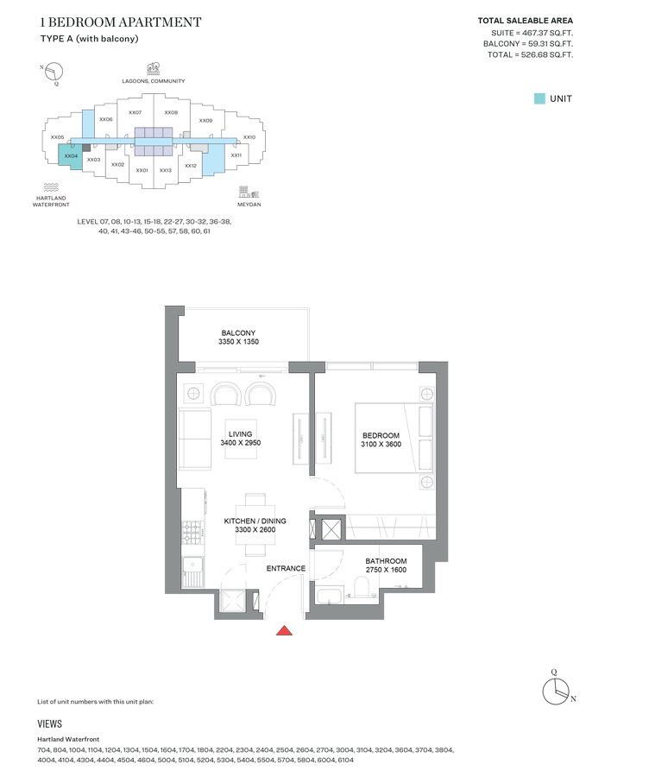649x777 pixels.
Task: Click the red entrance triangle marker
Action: coord(284,630)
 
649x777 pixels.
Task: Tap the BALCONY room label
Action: coord(238,333)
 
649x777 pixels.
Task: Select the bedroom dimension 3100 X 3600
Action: coord(381,444)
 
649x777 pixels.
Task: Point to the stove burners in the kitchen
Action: coord(192,532)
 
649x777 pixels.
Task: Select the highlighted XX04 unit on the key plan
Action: coord(71,155)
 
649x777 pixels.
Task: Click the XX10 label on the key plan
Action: coord(249,137)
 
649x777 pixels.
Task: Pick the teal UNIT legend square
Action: coord(539,98)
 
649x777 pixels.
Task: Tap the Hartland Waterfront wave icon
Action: coord(51,187)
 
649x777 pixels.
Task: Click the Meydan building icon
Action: coord(249,193)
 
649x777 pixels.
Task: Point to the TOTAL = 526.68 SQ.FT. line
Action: coord(530,54)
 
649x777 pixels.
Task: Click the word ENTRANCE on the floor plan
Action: coord(286,568)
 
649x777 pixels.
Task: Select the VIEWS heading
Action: coord(49,724)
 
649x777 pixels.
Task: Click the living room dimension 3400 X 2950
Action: coord(240,443)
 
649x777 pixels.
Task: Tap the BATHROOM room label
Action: coord(386,561)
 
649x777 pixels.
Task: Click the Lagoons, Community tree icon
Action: coord(153,69)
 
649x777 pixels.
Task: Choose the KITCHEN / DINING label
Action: coord(255,521)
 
